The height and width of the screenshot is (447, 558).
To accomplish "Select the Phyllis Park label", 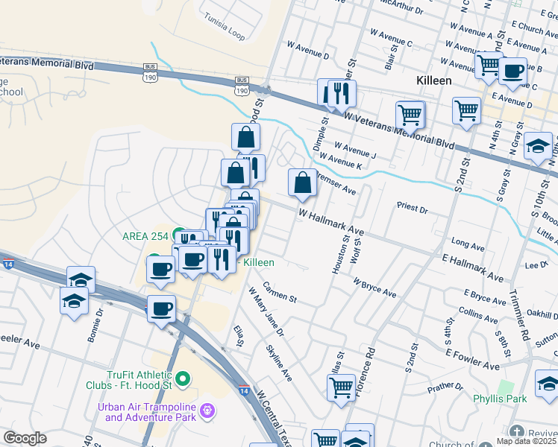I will (x=500, y=399).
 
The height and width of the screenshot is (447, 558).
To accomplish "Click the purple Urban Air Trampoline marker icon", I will (x=208, y=409).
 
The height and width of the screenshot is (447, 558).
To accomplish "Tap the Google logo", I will (x=25, y=438).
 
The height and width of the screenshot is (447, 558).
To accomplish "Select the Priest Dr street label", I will (x=413, y=211).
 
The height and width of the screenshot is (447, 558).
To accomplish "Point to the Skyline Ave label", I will (x=279, y=363).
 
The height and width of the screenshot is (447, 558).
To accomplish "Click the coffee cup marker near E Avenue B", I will (x=512, y=72).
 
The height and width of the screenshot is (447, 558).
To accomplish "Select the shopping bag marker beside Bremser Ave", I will (x=302, y=183).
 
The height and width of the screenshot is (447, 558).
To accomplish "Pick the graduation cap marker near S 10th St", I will (x=538, y=148).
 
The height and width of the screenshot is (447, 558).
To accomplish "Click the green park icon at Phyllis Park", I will (x=507, y=387).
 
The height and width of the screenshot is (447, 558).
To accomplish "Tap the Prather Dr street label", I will (x=445, y=387).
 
